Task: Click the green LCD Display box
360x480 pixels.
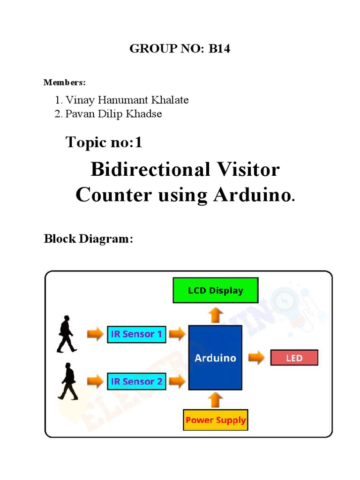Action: [215, 290]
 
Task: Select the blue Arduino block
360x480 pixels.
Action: [215, 358]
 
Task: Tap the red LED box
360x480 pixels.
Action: [294, 358]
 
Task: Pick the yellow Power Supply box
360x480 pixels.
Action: [215, 420]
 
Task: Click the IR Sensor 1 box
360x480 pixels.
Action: [136, 334]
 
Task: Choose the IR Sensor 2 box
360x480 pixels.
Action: [136, 381]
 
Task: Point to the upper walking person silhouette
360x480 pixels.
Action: [66, 334]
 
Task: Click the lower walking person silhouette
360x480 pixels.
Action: [68, 381]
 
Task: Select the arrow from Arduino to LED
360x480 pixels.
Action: [256, 358]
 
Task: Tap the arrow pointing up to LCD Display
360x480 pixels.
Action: [215, 315]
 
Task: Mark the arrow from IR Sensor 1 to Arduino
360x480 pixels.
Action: [177, 334]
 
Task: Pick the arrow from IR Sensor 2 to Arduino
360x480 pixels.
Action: [177, 382]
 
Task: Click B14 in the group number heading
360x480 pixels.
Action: [219, 49]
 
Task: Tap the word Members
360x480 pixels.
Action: [64, 82]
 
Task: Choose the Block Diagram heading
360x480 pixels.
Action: [89, 239]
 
